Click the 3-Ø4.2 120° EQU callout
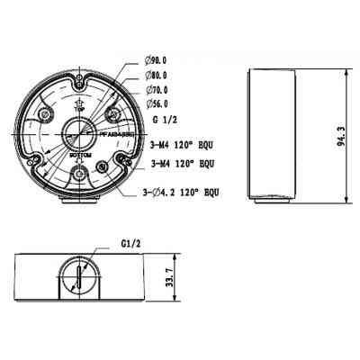tap(181, 193)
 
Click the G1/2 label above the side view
tap(131, 241)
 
